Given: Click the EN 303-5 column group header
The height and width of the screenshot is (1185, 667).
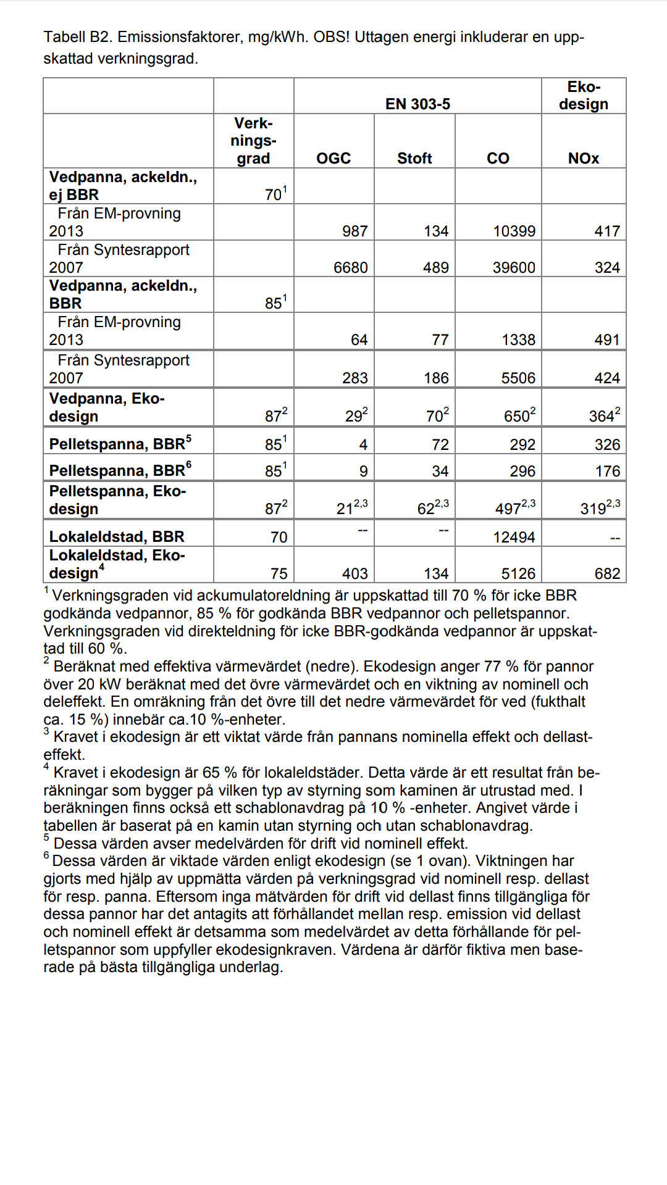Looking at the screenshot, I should [417, 104].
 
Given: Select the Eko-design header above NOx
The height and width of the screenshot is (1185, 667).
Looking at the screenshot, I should [584, 96].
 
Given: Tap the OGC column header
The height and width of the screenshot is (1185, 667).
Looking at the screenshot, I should [333, 159].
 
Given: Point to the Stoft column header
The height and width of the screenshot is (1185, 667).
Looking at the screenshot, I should [414, 159].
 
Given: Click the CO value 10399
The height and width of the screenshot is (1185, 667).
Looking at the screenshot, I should [514, 231].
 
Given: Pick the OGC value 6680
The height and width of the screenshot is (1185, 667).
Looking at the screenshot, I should [350, 268].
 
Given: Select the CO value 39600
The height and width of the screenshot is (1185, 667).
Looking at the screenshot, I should [514, 268].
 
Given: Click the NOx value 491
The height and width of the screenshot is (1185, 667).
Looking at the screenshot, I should [606, 340].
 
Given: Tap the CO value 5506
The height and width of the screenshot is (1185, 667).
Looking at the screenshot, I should [518, 378].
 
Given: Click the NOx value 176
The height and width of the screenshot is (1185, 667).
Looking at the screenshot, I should [607, 472].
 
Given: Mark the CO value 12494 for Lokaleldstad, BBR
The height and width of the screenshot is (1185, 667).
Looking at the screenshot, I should [514, 538].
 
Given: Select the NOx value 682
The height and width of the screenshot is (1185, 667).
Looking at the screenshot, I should [607, 574].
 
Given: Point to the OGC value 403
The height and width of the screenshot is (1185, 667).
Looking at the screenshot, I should [354, 574].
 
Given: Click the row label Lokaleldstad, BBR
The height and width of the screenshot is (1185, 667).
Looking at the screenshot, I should [117, 537].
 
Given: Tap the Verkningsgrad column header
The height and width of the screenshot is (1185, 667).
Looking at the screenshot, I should [253, 141].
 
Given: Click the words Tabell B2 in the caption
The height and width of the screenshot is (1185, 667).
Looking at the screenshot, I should [77, 37].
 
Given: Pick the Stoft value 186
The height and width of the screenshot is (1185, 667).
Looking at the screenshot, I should [436, 378].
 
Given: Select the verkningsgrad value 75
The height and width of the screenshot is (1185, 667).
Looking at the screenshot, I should [279, 574].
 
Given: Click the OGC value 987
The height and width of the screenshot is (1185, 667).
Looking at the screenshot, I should [354, 231].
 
